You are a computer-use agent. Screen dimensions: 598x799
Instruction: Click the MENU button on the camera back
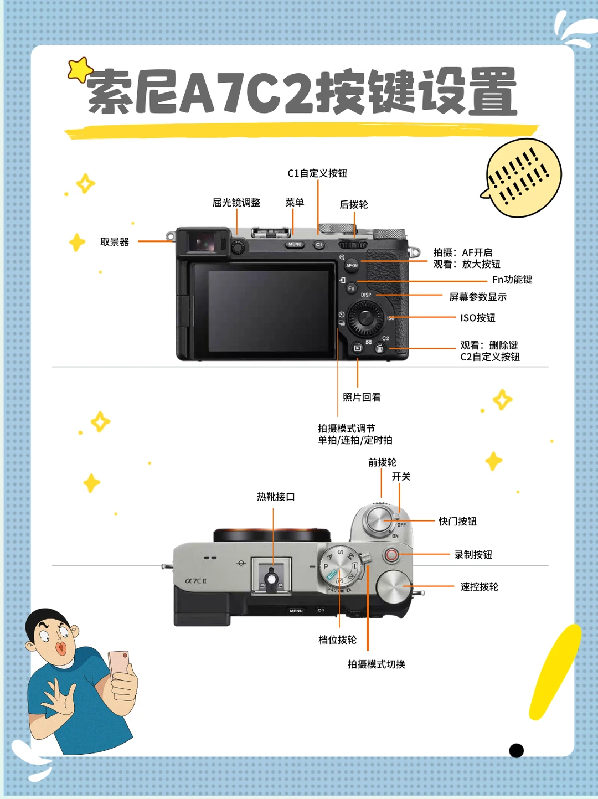(x=295, y=244)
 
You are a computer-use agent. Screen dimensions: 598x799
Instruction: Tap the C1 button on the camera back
(x=319, y=245)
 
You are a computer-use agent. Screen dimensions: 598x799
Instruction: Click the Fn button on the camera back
(x=351, y=288)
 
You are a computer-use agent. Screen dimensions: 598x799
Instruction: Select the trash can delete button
(x=380, y=348)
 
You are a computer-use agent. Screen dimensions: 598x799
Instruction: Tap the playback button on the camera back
(x=358, y=348)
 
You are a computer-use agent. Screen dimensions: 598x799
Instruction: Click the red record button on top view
(x=391, y=555)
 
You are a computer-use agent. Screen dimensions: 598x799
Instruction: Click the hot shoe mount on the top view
(x=271, y=576)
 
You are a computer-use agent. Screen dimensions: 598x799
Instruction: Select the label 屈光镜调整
(x=236, y=203)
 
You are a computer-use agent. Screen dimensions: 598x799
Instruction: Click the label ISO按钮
(x=477, y=318)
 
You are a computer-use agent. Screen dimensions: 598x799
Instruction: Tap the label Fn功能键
(x=512, y=279)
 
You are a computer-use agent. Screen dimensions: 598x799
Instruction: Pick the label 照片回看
(x=362, y=397)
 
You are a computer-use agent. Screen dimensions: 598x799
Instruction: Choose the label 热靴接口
(x=276, y=497)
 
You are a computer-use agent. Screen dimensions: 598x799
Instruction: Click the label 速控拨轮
(x=479, y=586)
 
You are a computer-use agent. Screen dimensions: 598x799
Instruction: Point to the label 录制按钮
(x=473, y=554)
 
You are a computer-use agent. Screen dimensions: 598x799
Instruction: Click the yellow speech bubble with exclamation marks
(x=522, y=178)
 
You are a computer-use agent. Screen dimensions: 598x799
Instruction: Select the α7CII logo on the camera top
(x=196, y=581)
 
